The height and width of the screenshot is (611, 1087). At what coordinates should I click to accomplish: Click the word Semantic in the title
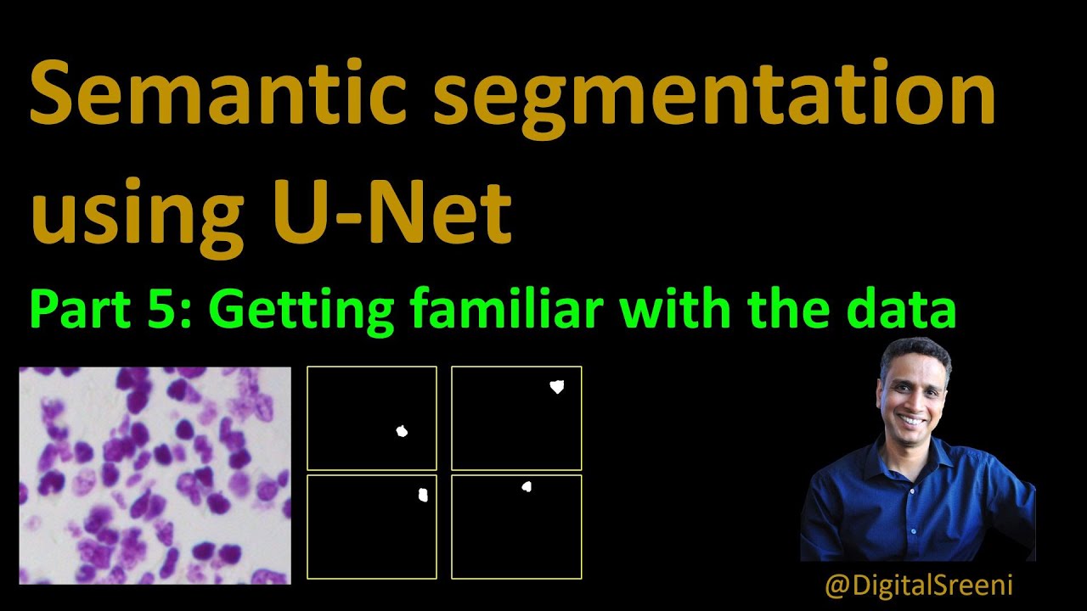click(218, 92)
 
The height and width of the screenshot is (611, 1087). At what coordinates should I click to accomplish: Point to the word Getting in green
click(301, 311)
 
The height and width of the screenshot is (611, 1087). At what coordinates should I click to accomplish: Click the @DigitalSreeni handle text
click(919, 586)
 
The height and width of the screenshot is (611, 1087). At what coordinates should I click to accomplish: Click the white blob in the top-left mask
click(402, 431)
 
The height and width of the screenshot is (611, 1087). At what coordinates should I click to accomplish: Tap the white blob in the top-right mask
click(557, 386)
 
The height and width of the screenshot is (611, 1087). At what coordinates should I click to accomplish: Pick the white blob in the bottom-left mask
click(423, 495)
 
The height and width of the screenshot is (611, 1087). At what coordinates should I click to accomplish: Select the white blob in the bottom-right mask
click(527, 487)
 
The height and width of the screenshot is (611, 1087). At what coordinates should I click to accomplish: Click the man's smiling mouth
click(912, 420)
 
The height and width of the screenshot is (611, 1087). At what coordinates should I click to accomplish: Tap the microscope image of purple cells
click(155, 475)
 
